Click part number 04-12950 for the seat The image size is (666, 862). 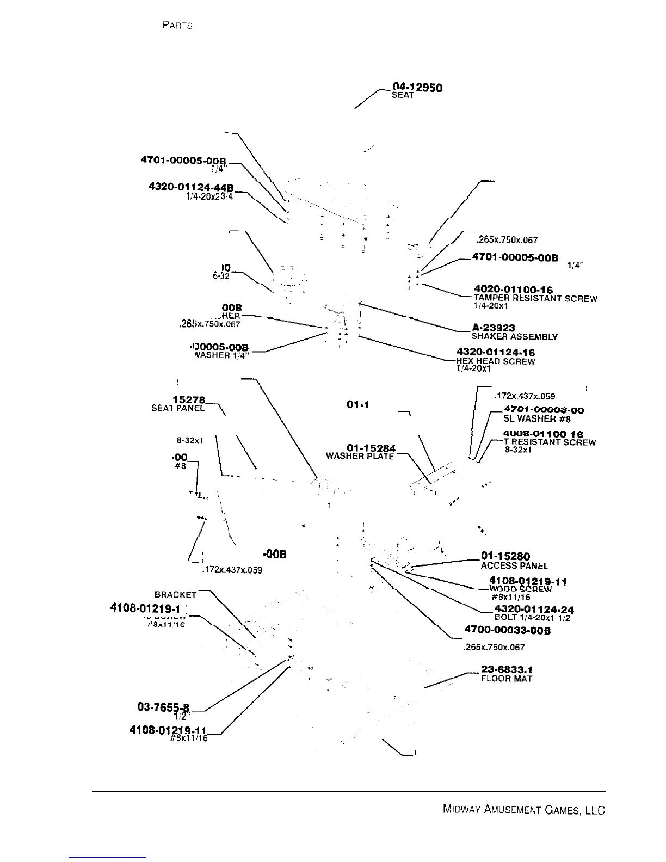(417, 87)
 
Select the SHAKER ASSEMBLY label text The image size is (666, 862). (514, 337)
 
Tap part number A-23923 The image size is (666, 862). (493, 328)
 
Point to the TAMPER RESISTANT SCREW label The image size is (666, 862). (535, 298)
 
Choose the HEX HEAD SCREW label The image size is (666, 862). (496, 361)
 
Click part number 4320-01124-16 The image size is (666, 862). (496, 353)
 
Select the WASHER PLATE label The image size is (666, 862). (360, 456)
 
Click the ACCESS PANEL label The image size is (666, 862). (514, 566)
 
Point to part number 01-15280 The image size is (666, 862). (505, 556)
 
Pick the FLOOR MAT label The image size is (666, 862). (507, 679)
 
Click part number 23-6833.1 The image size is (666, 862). (507, 669)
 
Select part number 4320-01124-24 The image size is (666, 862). (534, 609)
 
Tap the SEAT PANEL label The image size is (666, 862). (178, 408)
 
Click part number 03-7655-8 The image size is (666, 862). (163, 707)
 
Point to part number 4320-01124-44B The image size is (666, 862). (191, 187)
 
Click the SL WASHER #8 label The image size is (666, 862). (536, 419)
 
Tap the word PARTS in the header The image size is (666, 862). (177, 26)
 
